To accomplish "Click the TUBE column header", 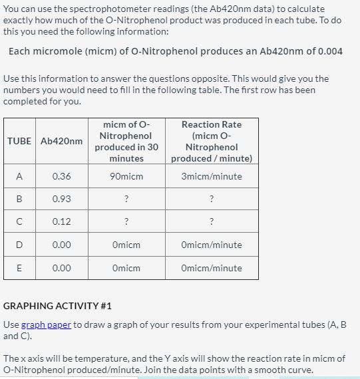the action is coord(19,141).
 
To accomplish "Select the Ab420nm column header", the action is coord(62,141).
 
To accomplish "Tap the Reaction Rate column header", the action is coord(211,141).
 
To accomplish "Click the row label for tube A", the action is coord(19,176).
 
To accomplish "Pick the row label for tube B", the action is coord(19,199).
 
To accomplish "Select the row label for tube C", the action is coord(19,221).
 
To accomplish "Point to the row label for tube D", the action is coord(19,245).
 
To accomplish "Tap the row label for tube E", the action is coord(19,268).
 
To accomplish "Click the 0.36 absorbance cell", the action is coord(62,176).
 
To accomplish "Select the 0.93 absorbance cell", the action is coord(62,199).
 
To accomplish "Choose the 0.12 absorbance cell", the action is coord(62,221).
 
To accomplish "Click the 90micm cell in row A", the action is coord(126,176).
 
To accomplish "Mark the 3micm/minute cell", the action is coord(211,176).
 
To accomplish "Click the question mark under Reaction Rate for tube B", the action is coord(211,199).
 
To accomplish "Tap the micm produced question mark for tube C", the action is coord(126,221).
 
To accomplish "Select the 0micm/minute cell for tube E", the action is coord(211,268).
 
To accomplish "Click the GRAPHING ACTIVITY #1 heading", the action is coord(58,306).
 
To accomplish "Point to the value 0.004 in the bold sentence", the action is coord(330,51).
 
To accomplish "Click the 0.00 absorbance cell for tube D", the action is coord(62,245).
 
